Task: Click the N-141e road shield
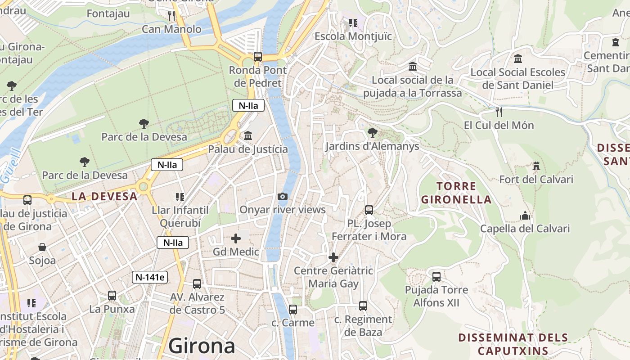(x=150, y=277)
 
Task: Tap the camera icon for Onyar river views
(x=283, y=196)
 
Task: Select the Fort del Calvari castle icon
(x=536, y=166)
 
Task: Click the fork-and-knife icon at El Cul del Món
(x=499, y=112)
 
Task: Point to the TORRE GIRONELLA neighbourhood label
(x=456, y=193)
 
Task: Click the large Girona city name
(x=202, y=346)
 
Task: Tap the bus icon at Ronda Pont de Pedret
(x=257, y=57)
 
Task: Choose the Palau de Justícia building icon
(x=247, y=135)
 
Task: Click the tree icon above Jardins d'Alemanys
(x=372, y=133)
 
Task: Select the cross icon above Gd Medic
(x=235, y=238)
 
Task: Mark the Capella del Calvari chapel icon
(x=525, y=216)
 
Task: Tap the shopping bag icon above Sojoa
(x=42, y=247)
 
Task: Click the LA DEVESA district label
(x=104, y=196)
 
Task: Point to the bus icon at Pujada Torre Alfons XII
(x=436, y=276)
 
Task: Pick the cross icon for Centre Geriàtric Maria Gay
(x=333, y=257)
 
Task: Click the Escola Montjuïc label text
(x=353, y=36)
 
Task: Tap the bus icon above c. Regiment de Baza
(x=363, y=306)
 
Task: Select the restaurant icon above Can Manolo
(x=171, y=16)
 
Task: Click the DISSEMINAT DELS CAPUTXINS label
(x=513, y=344)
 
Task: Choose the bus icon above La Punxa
(x=112, y=296)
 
